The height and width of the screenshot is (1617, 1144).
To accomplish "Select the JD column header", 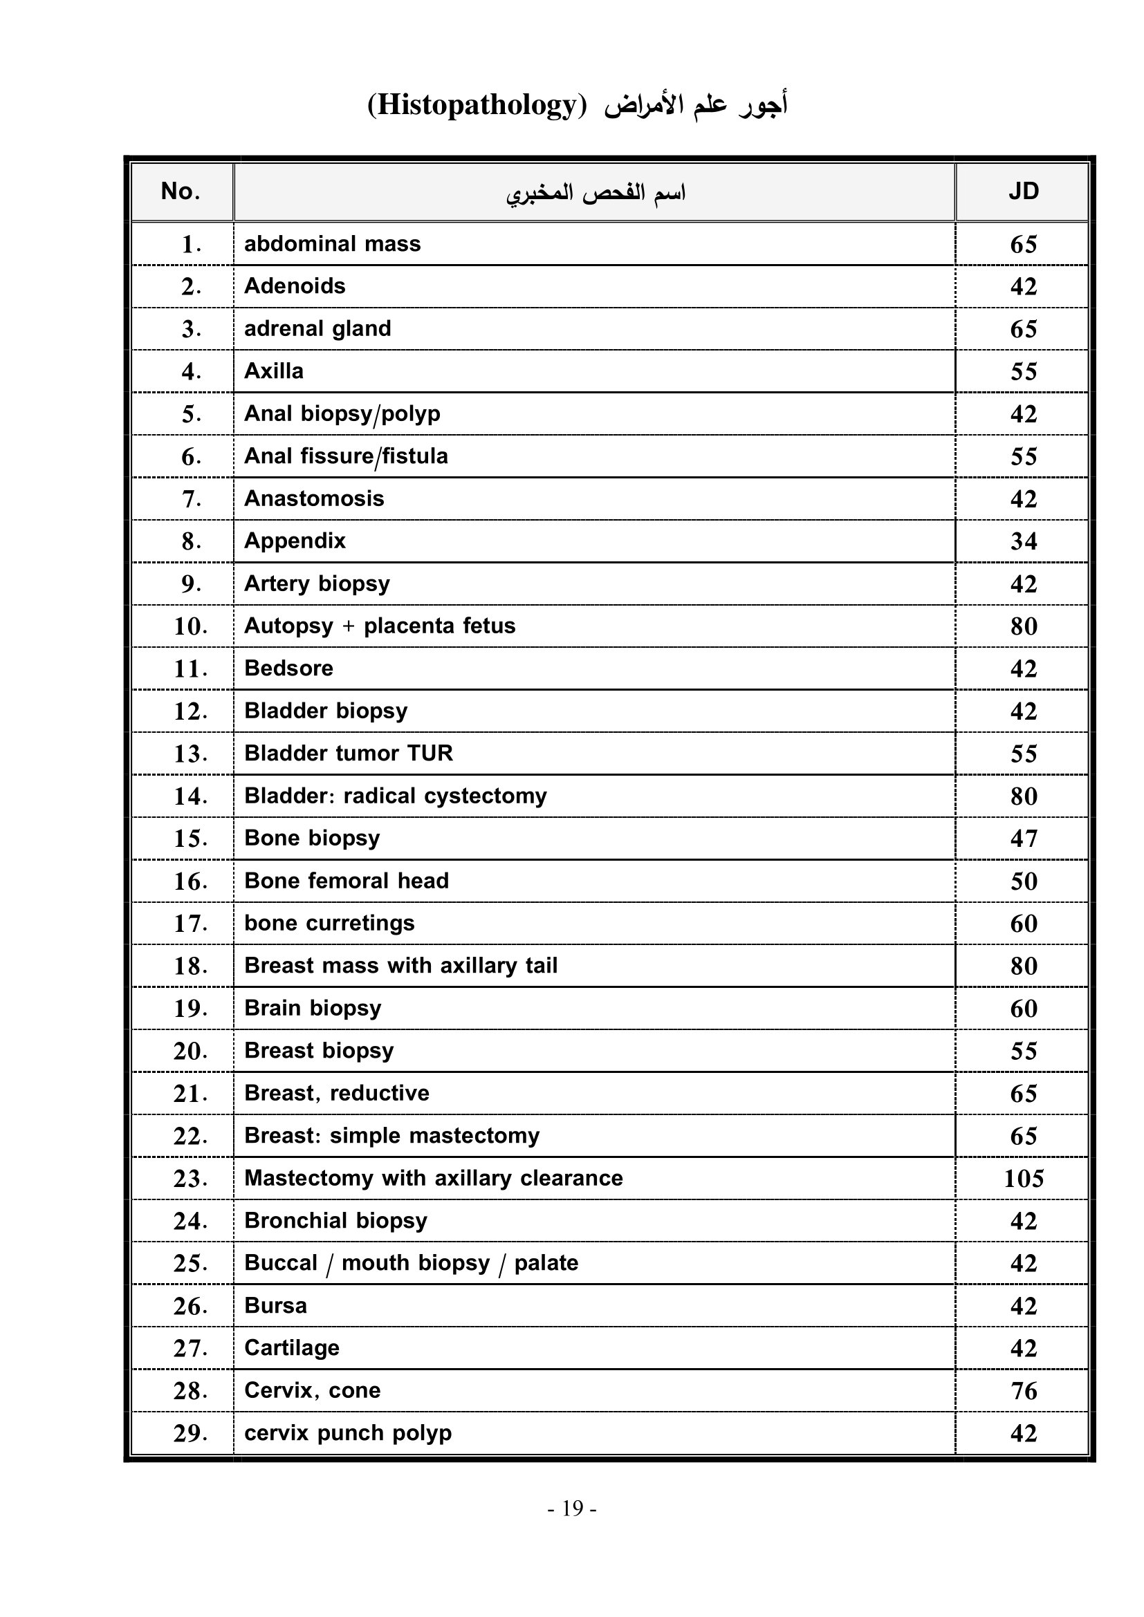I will pyautogui.click(x=1023, y=191).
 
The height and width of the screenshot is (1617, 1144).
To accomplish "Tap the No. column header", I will pyautogui.click(x=181, y=191).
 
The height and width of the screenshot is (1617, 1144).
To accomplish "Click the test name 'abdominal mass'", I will pyautogui.click(x=333, y=243).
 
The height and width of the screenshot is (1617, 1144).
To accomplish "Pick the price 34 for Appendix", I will pyautogui.click(x=1024, y=541).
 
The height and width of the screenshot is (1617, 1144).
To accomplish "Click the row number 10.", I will pyautogui.click(x=190, y=626).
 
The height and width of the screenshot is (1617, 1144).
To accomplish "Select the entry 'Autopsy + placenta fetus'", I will pyautogui.click(x=380, y=626).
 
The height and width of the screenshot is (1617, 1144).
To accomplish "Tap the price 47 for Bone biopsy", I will pyautogui.click(x=1024, y=838).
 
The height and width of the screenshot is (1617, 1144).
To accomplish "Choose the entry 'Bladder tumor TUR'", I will pyautogui.click(x=348, y=753).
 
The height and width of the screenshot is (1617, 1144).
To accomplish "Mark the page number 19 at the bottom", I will pyautogui.click(x=572, y=1508).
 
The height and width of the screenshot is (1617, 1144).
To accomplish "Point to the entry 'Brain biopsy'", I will pyautogui.click(x=313, y=1008).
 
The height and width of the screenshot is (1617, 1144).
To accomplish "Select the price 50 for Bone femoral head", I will pyautogui.click(x=1024, y=881).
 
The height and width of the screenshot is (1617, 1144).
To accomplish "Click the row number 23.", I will pyautogui.click(x=190, y=1178).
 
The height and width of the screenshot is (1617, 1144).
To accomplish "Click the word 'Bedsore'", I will pyautogui.click(x=289, y=668).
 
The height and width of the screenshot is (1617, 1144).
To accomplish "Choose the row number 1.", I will pyautogui.click(x=191, y=244).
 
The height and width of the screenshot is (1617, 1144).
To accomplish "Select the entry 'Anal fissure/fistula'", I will pyautogui.click(x=346, y=456).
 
